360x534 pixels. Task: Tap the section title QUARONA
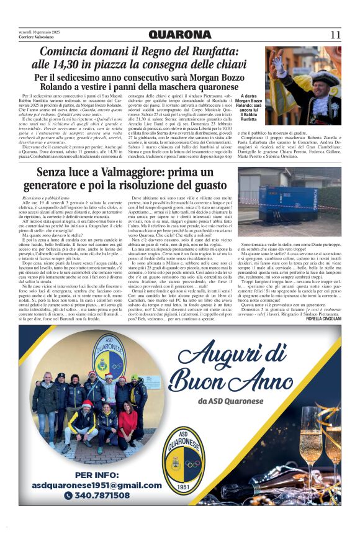[180, 35]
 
